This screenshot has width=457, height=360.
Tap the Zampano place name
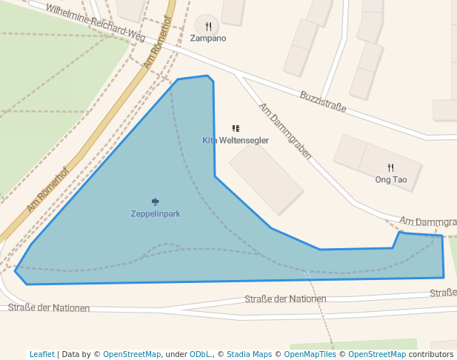[208, 38]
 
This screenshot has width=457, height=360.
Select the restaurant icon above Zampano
[208, 27]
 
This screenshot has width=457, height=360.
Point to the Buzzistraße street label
[323, 101]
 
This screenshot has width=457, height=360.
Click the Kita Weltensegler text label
[236, 140]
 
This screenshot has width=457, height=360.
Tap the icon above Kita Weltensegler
[236, 129]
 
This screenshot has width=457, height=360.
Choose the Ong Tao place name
[391, 179]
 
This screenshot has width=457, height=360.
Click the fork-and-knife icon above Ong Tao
[391, 168]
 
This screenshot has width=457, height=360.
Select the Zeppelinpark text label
[156, 213]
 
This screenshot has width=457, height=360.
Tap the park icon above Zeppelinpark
[156, 201]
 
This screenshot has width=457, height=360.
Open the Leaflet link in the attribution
[42, 354]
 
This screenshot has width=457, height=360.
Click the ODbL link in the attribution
[197, 354]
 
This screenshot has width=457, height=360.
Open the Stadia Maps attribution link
[249, 354]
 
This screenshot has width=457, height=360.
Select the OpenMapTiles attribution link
[310, 354]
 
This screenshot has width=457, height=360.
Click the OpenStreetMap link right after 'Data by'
[132, 354]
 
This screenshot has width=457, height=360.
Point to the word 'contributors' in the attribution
[431, 354]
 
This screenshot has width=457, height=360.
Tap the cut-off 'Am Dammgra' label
[427, 221]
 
